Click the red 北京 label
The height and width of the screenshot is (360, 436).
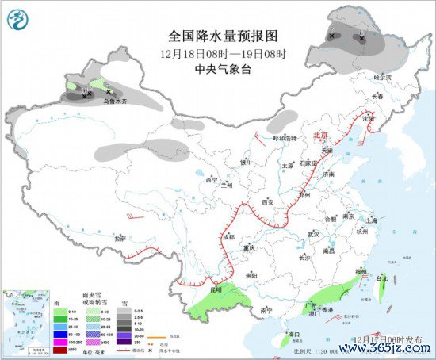coord(320,135)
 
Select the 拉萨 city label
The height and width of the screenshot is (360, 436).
coord(120,238)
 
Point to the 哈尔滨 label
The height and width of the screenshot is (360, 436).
coord(384,78)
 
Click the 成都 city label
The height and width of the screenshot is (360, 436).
coord(228,237)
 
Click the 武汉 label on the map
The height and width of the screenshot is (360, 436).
coord(315,235)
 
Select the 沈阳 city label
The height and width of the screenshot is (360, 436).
coord(367,118)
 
